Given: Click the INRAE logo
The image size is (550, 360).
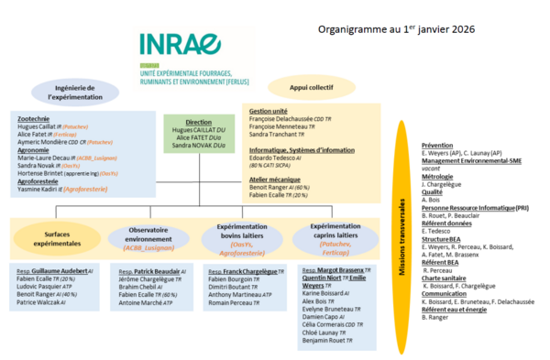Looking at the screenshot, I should (181, 45).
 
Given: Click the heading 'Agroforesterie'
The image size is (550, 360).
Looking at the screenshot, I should (43, 182).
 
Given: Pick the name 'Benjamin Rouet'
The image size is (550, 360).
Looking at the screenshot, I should (327, 340).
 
